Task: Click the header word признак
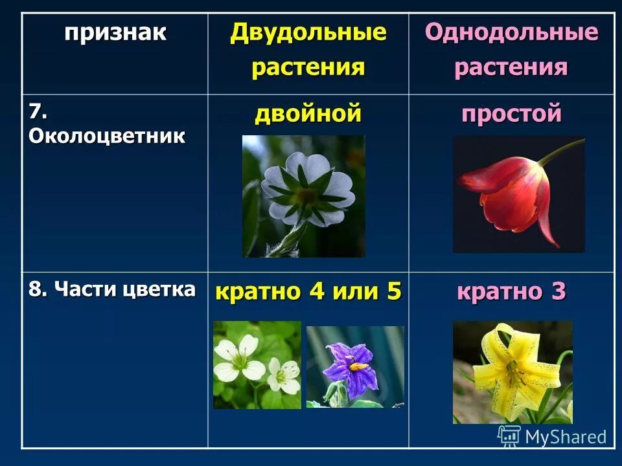point(115,33)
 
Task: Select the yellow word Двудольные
point(308,32)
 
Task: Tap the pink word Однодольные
point(511,33)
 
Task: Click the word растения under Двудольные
point(308,67)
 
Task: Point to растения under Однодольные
point(511,67)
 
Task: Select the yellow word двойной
point(308,115)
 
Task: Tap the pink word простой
point(511,115)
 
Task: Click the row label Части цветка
point(111,289)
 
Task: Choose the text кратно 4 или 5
point(308,292)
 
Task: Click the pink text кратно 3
point(511,292)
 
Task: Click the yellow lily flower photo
point(512,372)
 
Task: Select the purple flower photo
point(354,367)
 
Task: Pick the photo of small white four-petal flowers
point(257,365)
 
